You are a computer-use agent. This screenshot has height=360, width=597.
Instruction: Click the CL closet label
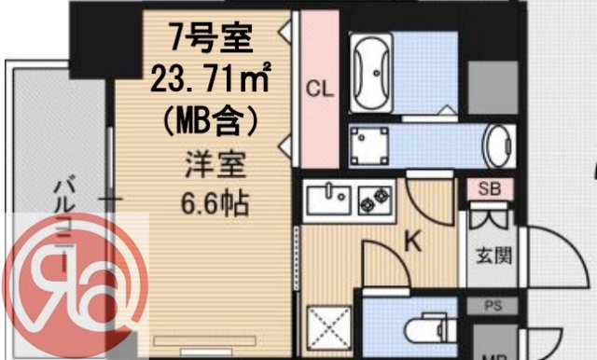point(319,90)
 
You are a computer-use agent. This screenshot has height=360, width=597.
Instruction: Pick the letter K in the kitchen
point(412,244)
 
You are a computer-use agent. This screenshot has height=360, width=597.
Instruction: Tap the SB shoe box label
point(489,188)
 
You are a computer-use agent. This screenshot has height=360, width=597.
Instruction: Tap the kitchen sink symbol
point(326,197)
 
